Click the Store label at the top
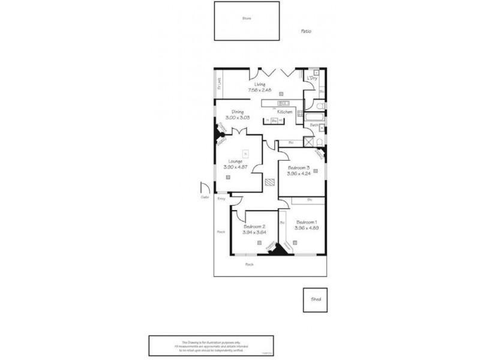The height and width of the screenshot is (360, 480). click(246, 19)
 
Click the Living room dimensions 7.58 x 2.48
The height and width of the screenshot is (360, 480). click(260, 90)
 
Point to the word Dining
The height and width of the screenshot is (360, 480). click(238, 112)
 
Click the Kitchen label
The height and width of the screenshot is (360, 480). click(284, 112)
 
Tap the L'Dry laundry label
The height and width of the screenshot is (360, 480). click(312, 79)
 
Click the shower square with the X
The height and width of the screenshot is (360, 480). click(309, 142)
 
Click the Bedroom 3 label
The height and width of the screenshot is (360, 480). click(298, 167)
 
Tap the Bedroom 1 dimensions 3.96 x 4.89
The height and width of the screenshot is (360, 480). click(306, 228)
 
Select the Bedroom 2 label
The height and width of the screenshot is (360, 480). click(254, 226)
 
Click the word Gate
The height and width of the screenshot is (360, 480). click(205, 198)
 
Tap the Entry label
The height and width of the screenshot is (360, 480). click(221, 199)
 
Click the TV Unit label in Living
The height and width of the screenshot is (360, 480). click(220, 83)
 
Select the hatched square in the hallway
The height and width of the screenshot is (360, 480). click(271, 182)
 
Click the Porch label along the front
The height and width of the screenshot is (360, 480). click(249, 264)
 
